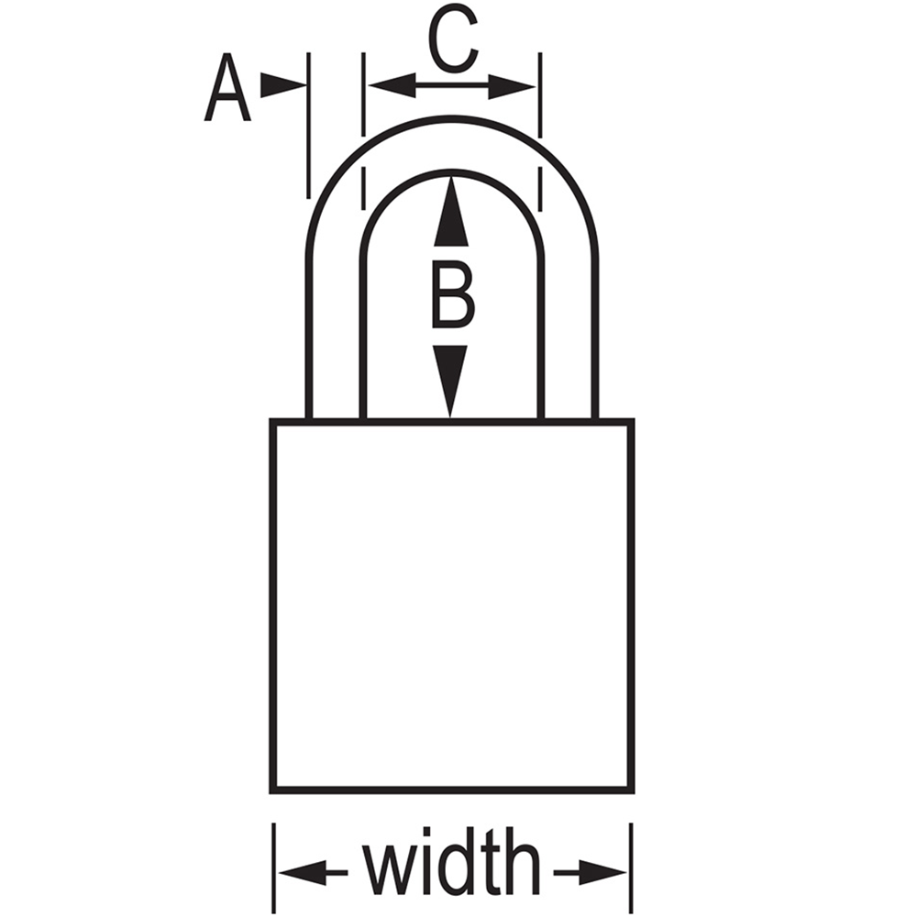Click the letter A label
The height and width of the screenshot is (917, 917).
(x=227, y=88)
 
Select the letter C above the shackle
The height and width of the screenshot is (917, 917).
(x=454, y=39)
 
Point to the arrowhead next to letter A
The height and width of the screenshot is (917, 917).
(x=283, y=85)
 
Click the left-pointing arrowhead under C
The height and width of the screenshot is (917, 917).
(x=392, y=85)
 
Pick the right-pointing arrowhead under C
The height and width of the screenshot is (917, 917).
(x=512, y=86)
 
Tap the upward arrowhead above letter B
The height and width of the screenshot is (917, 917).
(x=451, y=211)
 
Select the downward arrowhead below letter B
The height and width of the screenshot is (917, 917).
(x=450, y=381)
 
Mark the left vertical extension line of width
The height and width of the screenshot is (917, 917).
(x=273, y=867)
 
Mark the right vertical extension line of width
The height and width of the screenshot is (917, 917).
(x=632, y=867)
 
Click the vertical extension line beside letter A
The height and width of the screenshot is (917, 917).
(x=308, y=125)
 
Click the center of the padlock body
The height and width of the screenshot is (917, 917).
(x=451, y=605)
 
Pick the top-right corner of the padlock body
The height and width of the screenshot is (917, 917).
(x=632, y=421)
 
